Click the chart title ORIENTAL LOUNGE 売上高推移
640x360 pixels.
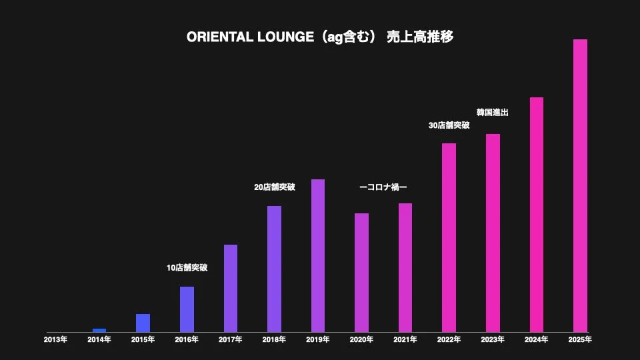coord(320,37)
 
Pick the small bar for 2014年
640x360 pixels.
coord(99,330)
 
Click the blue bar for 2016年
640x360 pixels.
coord(187,309)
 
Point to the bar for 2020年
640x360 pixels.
coord(361,273)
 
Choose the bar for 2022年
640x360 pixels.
coord(449,237)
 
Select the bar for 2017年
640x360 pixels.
coord(231,288)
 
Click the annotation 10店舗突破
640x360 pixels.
coord(187,268)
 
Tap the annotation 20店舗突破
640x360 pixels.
coord(274,187)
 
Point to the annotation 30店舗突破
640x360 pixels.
coord(449,125)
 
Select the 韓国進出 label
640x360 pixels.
coord(492,113)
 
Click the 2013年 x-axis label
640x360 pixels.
coord(55,340)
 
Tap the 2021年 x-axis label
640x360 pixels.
coord(405,340)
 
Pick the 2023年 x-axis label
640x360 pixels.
coord(493,340)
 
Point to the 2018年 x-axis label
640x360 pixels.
coord(274,340)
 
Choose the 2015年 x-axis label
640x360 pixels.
coord(143,340)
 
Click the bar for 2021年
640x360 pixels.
coord(405,267)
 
